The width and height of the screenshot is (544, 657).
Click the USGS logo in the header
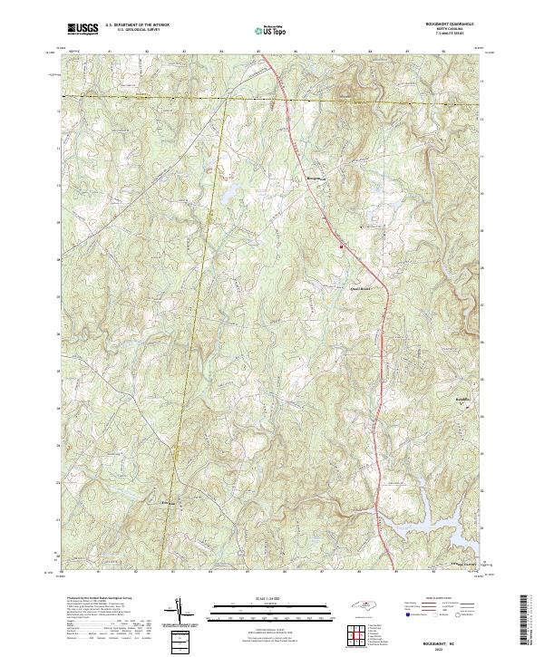tap(83, 30)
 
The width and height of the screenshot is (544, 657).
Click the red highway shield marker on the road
tap(340, 244)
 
